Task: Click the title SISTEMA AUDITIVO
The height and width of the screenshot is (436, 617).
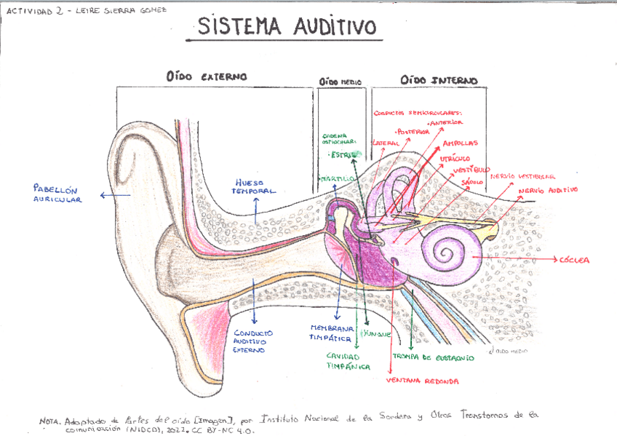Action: [288, 27]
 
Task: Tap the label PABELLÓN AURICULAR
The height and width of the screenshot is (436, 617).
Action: [57, 193]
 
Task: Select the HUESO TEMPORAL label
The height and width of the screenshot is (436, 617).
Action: [254, 186]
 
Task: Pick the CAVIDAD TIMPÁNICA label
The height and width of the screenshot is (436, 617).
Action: [347, 361]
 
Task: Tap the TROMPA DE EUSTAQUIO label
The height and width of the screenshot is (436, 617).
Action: [433, 357]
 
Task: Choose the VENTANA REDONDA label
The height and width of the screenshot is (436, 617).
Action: [422, 381]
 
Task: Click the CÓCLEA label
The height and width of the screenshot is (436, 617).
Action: [573, 260]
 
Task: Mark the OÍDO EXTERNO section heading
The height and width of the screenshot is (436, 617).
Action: [206, 76]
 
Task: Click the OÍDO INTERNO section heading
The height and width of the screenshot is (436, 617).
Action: [439, 79]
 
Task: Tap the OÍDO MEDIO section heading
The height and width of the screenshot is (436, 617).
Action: [341, 82]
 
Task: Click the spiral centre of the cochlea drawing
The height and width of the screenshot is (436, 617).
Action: [445, 253]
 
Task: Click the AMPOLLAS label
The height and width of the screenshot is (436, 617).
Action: [460, 143]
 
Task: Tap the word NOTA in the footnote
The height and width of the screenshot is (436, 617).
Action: [50, 421]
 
